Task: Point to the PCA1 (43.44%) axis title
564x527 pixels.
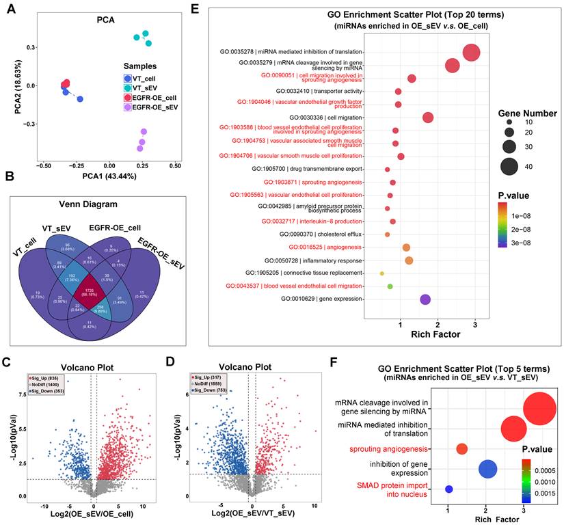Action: (106, 176)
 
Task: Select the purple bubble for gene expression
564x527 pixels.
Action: (425, 299)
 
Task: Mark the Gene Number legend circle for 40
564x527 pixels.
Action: (508, 164)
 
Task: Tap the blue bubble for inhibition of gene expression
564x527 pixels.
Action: (487, 469)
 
